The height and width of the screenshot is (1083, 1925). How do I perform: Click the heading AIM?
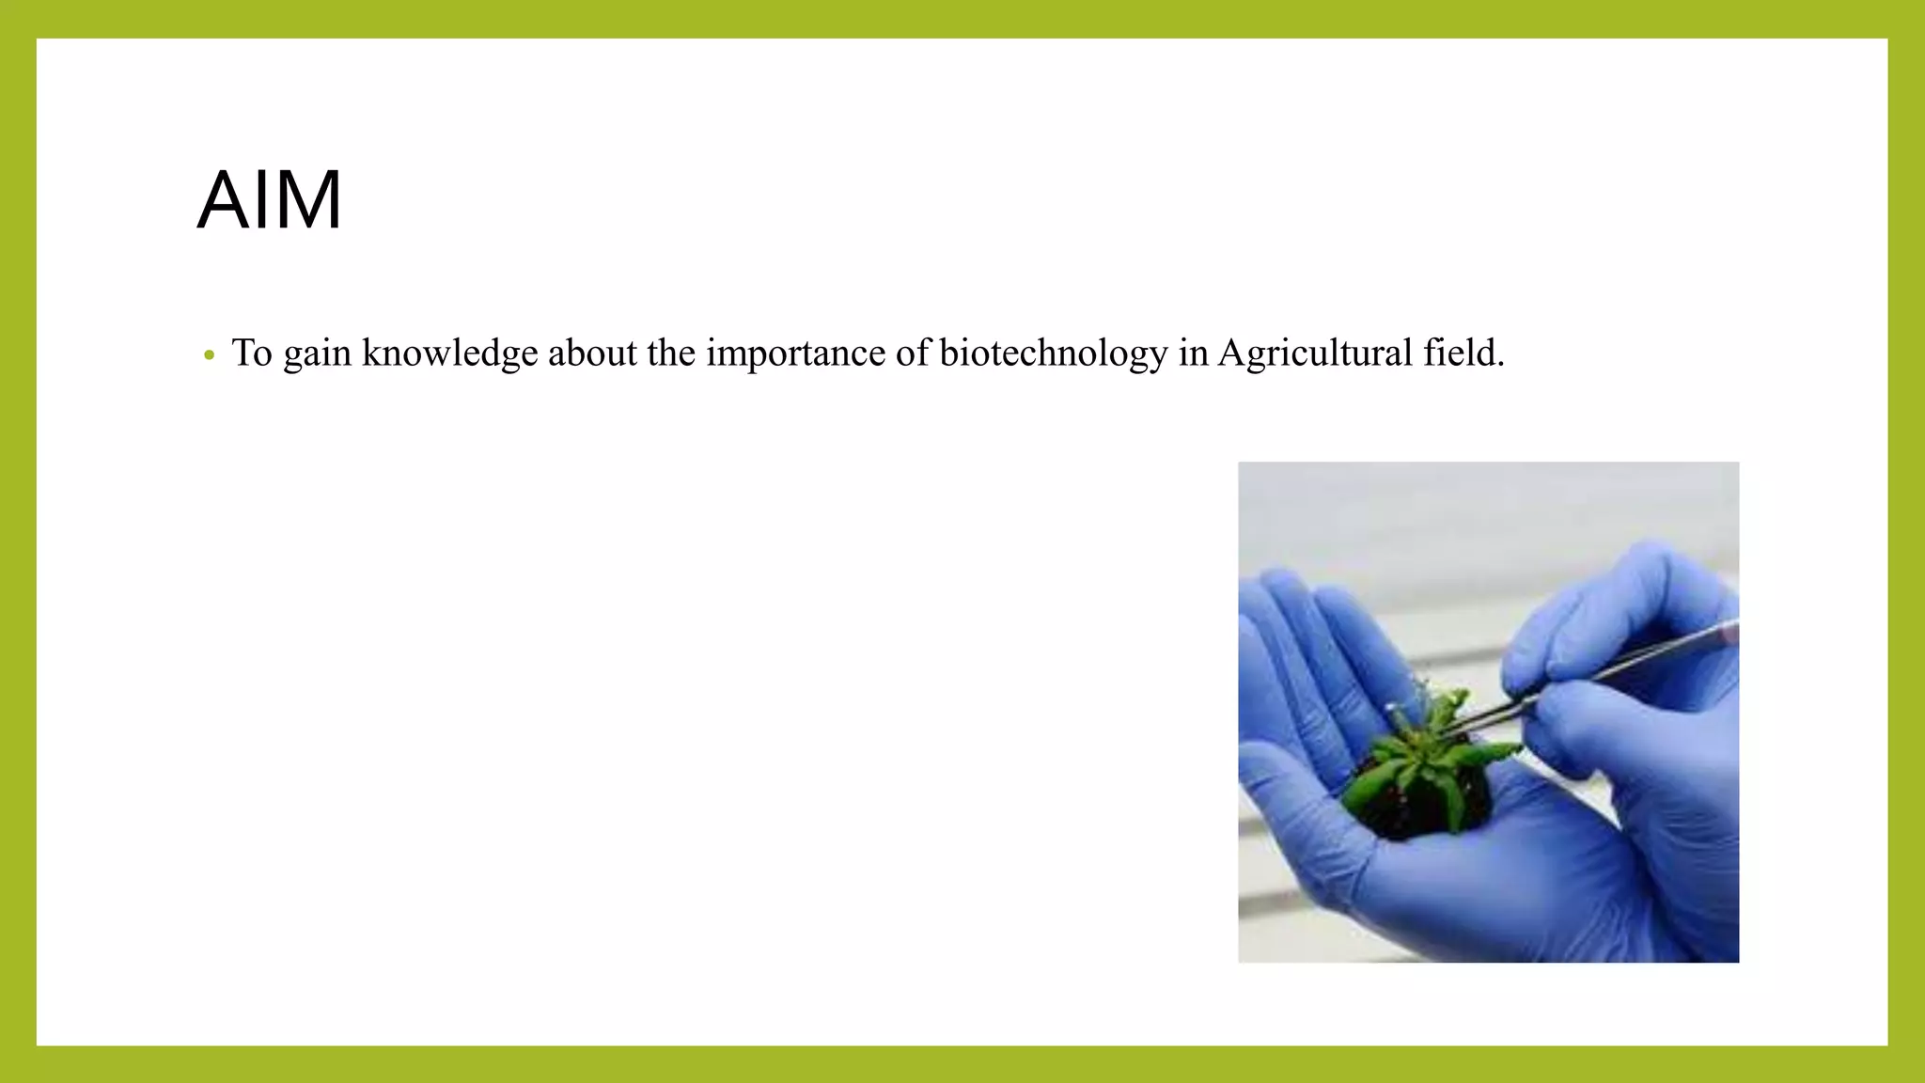(270, 200)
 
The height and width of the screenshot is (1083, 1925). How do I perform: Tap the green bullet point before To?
(210, 355)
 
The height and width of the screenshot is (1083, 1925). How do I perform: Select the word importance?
(794, 353)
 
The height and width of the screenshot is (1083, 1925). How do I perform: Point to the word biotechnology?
(1053, 353)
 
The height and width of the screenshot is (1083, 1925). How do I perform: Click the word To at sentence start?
(252, 353)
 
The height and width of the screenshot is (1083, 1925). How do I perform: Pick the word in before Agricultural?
(1193, 353)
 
